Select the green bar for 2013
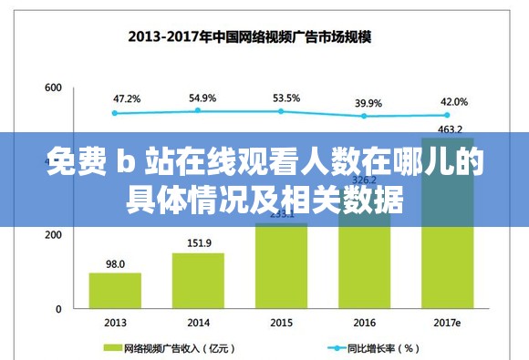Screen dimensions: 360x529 (x=115, y=291)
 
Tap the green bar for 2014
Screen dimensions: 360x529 (x=198, y=281)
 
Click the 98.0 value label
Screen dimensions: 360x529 (x=115, y=263)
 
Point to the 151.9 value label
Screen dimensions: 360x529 (x=199, y=243)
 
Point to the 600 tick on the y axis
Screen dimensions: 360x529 (x=52, y=87)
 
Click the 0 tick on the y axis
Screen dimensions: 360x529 (x=57, y=309)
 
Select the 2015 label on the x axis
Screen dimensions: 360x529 (x=282, y=323)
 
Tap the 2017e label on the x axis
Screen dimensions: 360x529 (x=447, y=323)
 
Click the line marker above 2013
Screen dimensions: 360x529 (x=115, y=113)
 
